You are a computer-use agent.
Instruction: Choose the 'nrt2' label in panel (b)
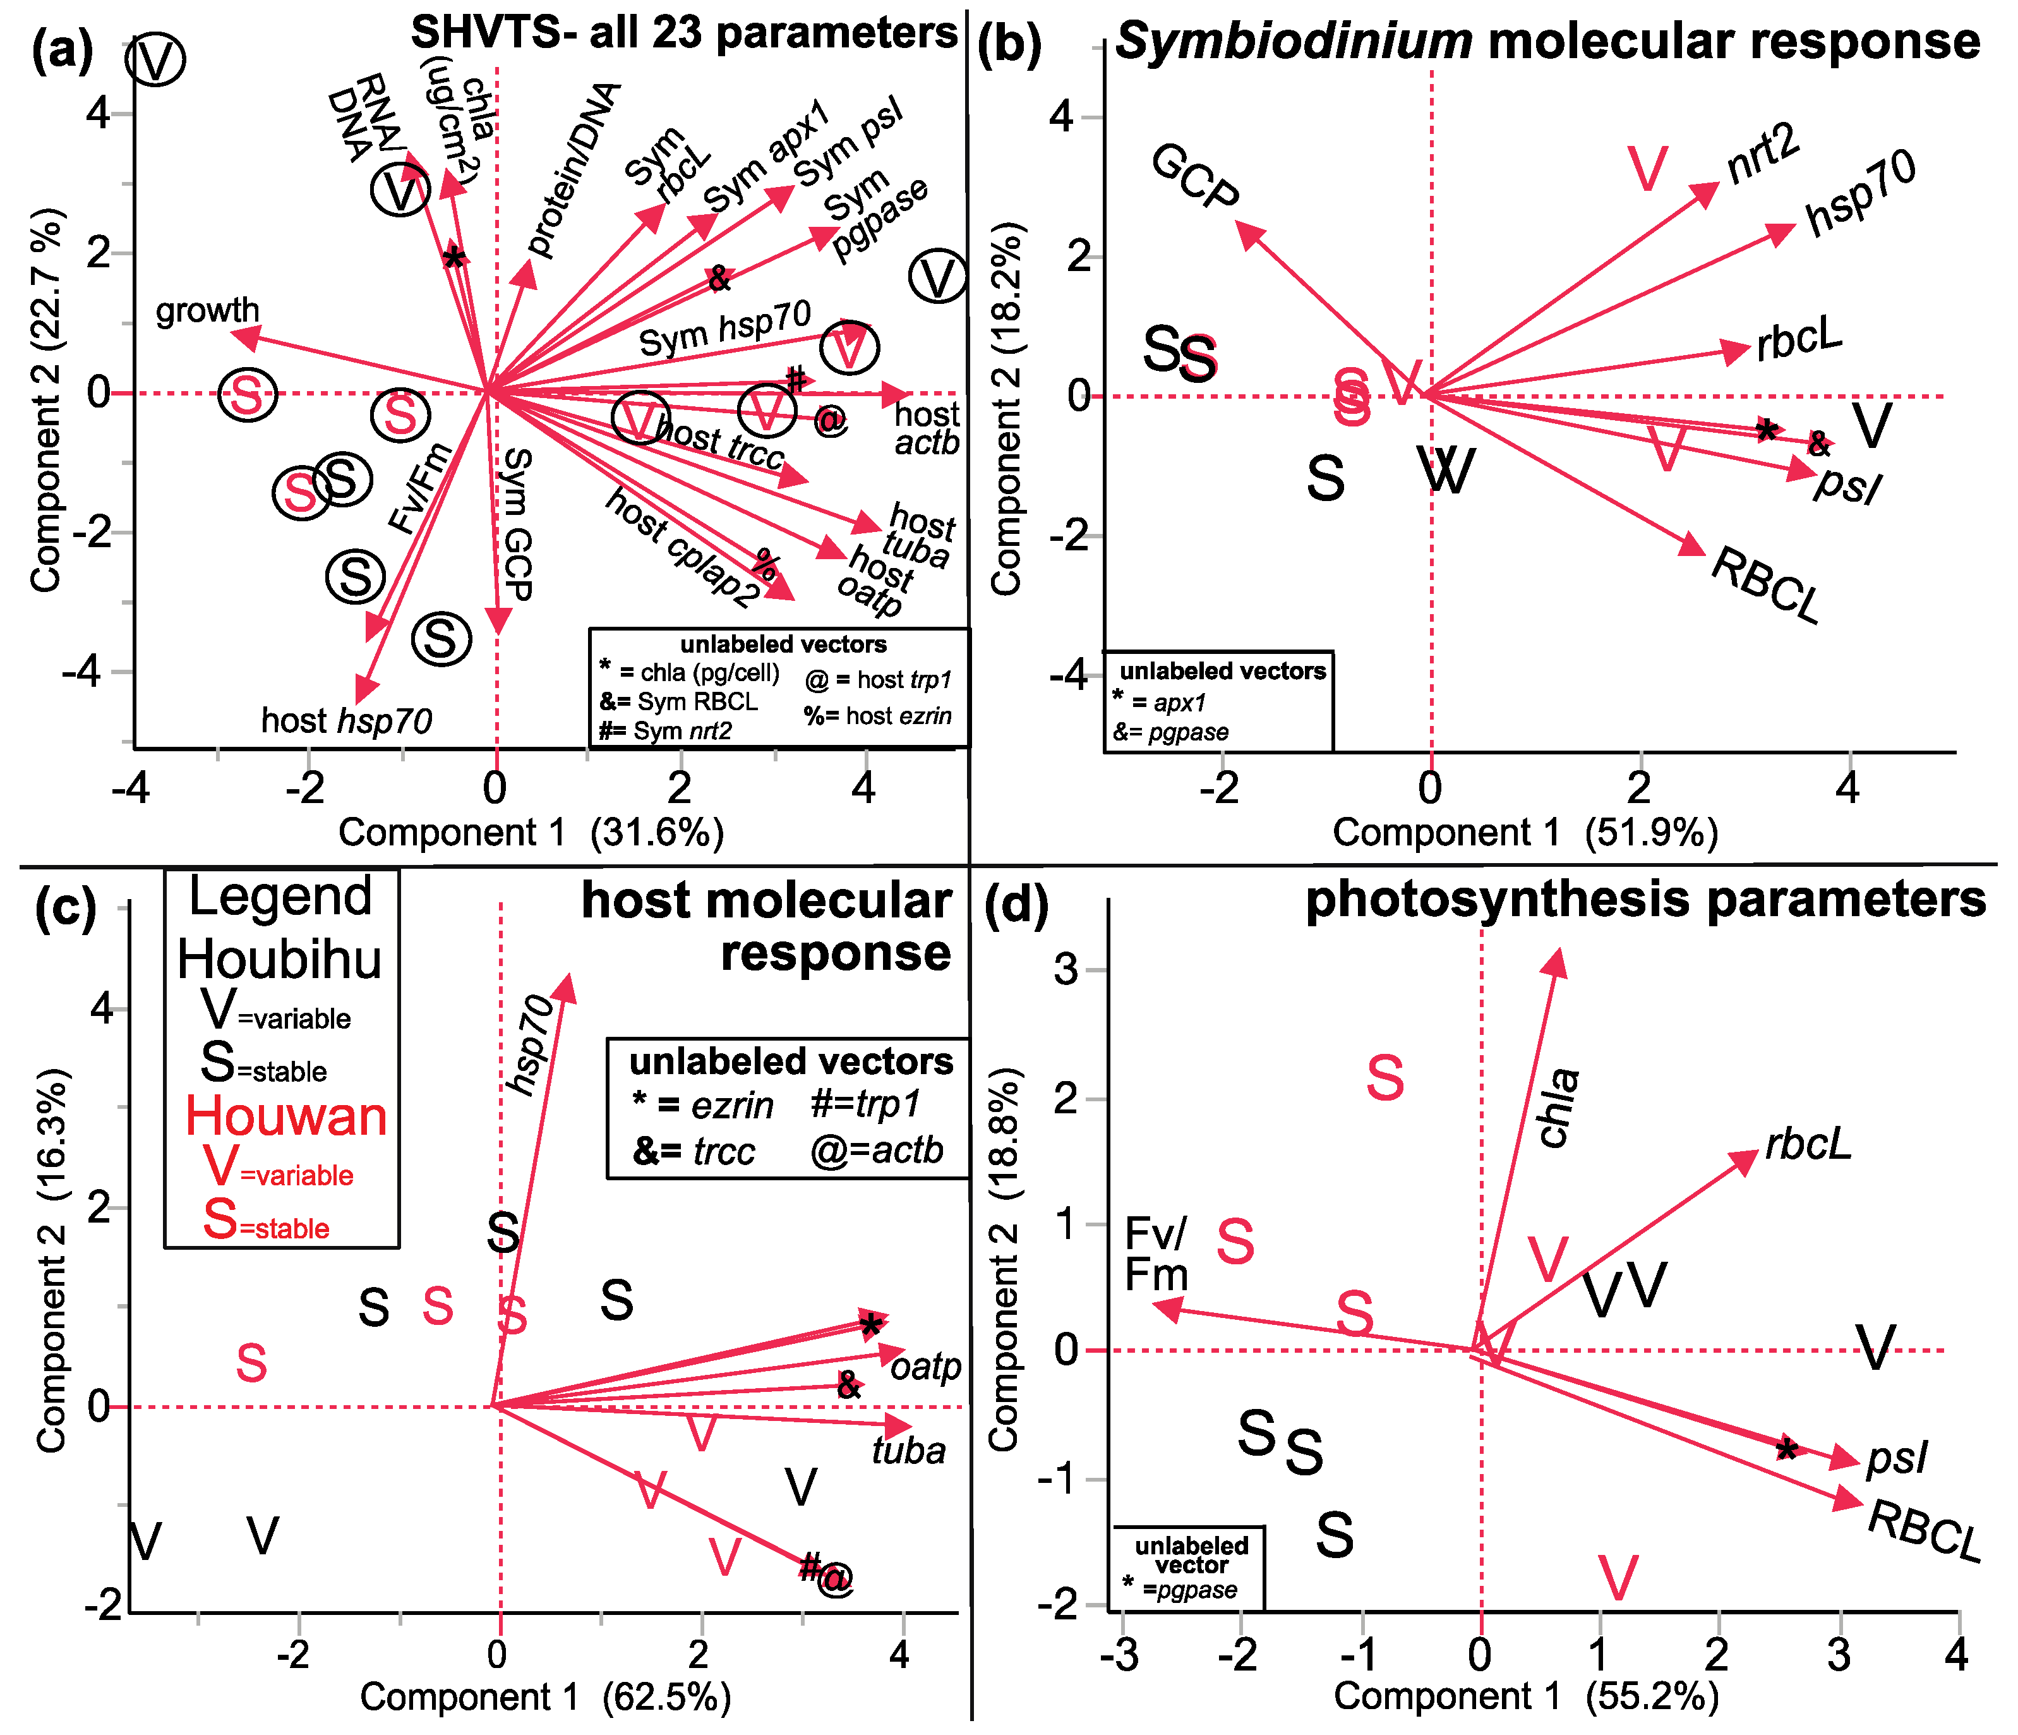point(1763,156)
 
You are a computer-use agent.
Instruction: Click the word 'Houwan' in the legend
point(286,1116)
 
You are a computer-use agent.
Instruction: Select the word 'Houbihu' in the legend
point(280,960)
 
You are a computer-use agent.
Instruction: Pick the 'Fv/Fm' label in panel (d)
point(1156,1255)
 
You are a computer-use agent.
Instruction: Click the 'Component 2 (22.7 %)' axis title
point(45,399)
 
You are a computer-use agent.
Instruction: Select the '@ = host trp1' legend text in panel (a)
point(877,679)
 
